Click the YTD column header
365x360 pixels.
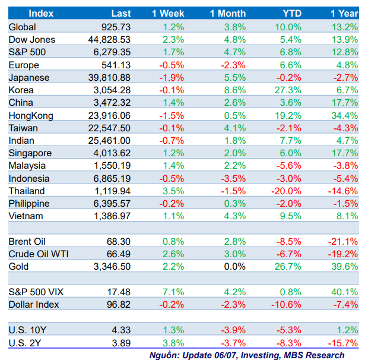pyautogui.click(x=288, y=13)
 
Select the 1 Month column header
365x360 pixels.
pyautogui.click(x=228, y=13)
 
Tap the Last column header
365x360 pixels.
pyautogui.click(x=120, y=13)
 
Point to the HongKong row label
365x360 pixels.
pyautogui.click(x=31, y=115)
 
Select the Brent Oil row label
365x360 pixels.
pyautogui.click(x=27, y=242)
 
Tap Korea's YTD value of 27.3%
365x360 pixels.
pyautogui.click(x=288, y=90)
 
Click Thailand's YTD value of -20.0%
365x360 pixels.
pyautogui.click(x=287, y=191)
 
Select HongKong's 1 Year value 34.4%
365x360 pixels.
pyautogui.click(x=345, y=115)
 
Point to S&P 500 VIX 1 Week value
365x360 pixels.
pyautogui.click(x=173, y=292)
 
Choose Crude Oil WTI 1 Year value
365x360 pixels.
pyautogui.click(x=343, y=254)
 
